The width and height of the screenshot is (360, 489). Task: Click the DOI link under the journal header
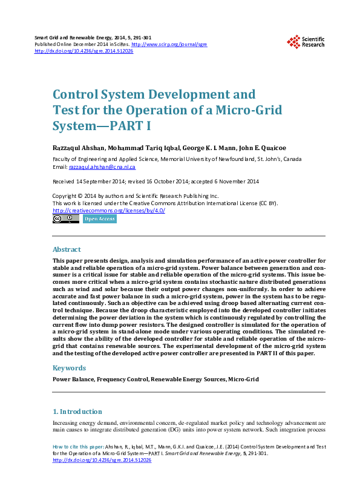point(84,51)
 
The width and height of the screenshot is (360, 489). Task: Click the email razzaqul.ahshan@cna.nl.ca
point(102,166)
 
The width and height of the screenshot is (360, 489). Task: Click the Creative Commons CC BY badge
point(65,219)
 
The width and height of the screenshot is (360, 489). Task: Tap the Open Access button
point(100,219)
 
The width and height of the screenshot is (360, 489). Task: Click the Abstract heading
point(67,249)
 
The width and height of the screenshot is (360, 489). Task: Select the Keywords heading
point(68,367)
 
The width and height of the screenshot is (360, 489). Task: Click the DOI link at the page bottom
point(102,460)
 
